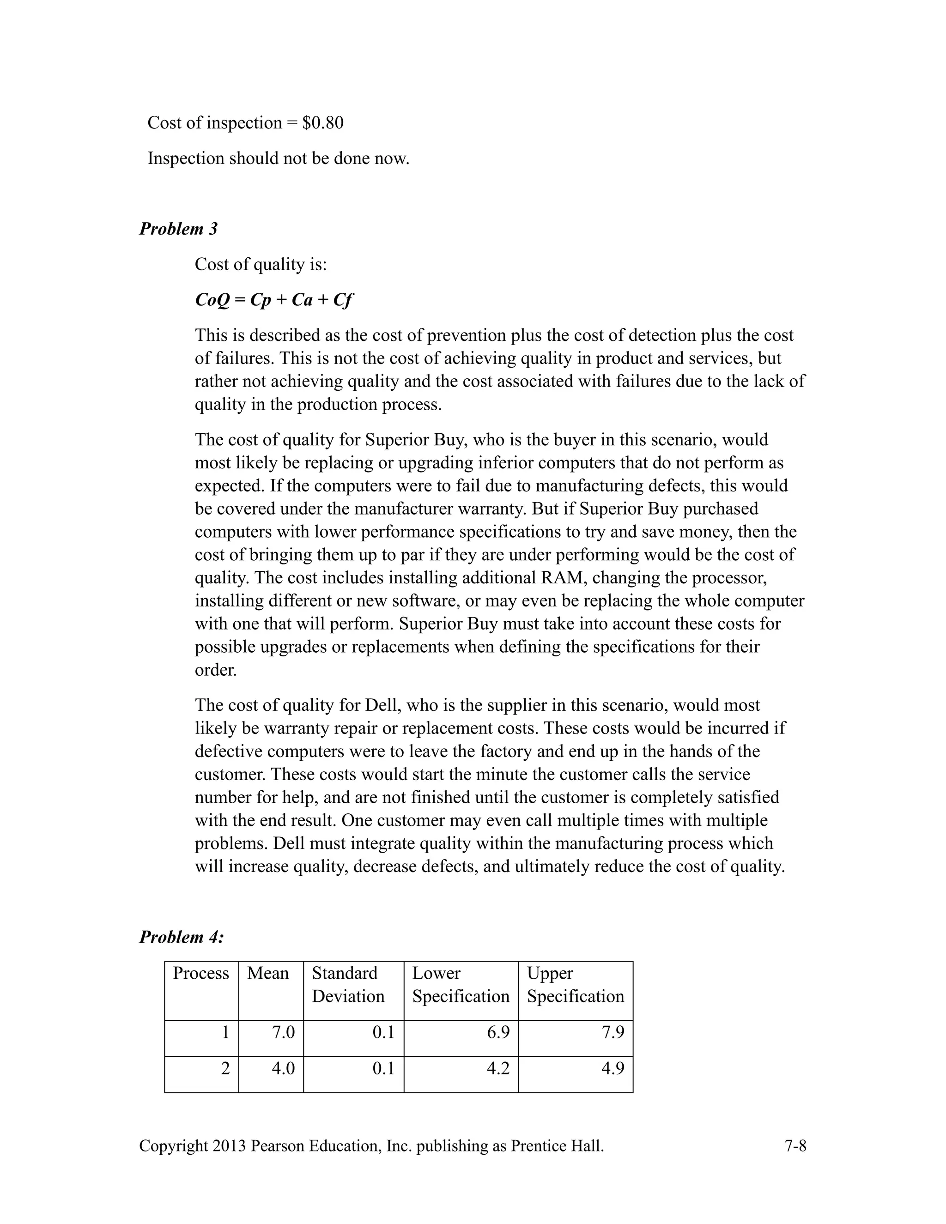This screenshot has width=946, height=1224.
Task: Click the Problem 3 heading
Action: pyautogui.click(x=178, y=229)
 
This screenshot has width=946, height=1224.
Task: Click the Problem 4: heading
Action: pyautogui.click(x=182, y=937)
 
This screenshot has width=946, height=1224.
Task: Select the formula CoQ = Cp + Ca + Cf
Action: pyautogui.click(x=273, y=300)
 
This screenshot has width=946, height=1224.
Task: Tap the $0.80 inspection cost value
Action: pyautogui.click(x=323, y=123)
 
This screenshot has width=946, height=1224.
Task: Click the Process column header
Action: pyautogui.click(x=200, y=974)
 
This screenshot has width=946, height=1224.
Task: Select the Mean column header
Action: pyautogui.click(x=268, y=974)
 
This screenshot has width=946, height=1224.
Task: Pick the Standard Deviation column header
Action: pyautogui.click(x=348, y=985)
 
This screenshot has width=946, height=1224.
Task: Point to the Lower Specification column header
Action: pyautogui.click(x=461, y=985)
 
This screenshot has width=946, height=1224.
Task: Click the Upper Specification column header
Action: pyautogui.click(x=575, y=985)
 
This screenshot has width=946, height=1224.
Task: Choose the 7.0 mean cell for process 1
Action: pyautogui.click(x=283, y=1032)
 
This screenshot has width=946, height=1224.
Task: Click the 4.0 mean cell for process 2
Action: pyautogui.click(x=283, y=1068)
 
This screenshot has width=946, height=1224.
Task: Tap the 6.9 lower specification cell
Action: pyautogui.click(x=498, y=1032)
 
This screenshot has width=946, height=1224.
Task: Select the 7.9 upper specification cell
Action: pyautogui.click(x=612, y=1032)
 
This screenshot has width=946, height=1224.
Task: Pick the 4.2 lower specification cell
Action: pyautogui.click(x=498, y=1068)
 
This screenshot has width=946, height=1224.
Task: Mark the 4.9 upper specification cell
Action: pyautogui.click(x=612, y=1068)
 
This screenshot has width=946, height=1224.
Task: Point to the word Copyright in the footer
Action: pyautogui.click(x=173, y=1146)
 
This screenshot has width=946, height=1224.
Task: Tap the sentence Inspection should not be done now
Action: pyautogui.click(x=279, y=158)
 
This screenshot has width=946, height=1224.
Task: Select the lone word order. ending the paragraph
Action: pyautogui.click(x=216, y=670)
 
